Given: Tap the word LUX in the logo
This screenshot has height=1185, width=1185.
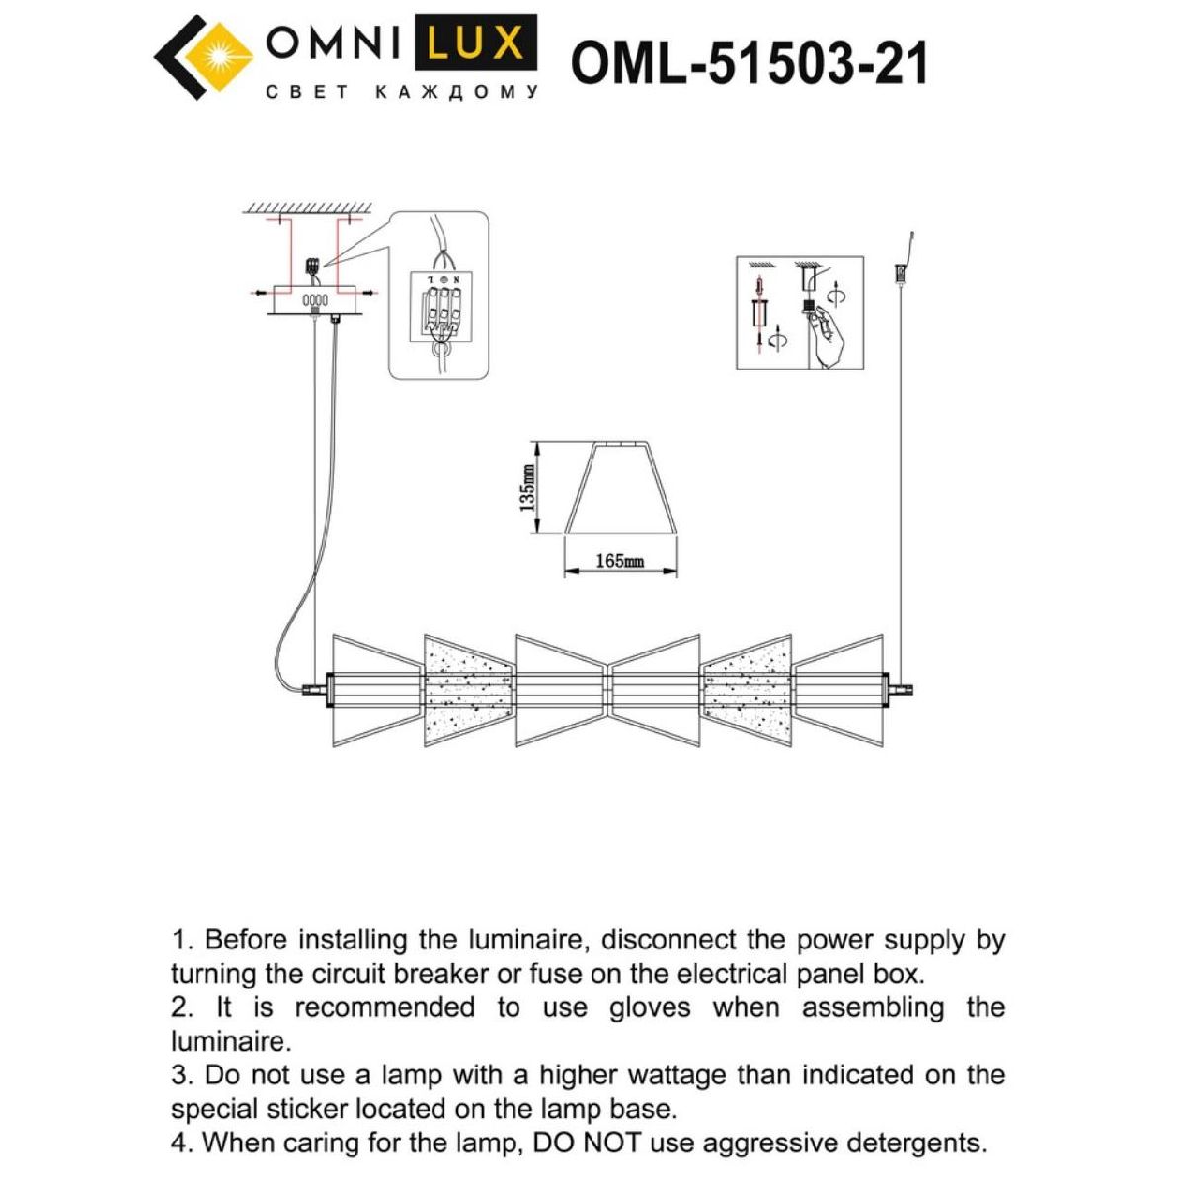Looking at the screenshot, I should click(481, 44).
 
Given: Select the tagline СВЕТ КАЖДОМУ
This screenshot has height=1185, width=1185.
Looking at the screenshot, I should click(402, 93).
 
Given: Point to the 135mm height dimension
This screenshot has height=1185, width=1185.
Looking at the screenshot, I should click(528, 488).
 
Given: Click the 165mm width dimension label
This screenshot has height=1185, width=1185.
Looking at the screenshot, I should click(619, 561).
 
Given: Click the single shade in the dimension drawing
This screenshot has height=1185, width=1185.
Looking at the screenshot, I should click(619, 489).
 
